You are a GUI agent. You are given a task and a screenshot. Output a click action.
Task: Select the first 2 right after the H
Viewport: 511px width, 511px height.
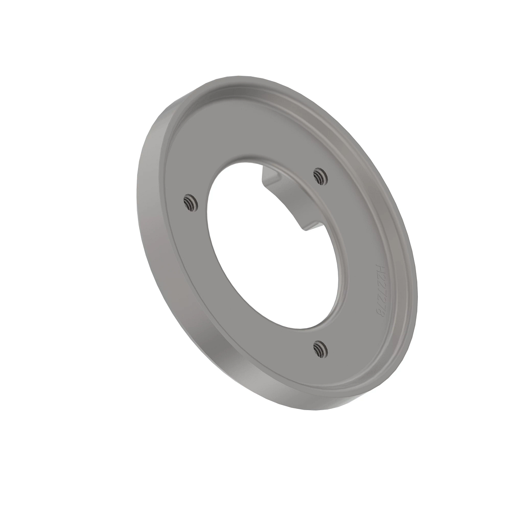[379, 276]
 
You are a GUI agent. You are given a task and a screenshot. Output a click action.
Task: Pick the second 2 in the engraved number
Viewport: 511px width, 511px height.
[379, 282]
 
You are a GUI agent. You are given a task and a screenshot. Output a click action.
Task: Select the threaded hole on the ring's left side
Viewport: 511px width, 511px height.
[189, 202]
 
